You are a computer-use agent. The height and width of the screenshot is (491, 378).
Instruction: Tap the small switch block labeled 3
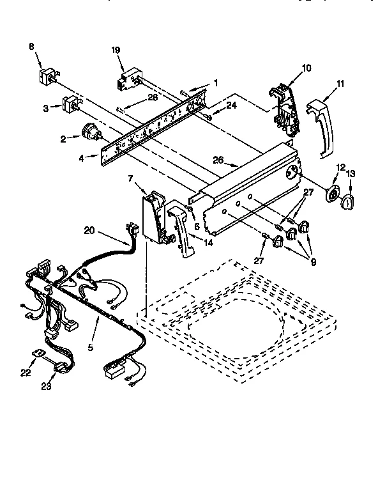(70, 104)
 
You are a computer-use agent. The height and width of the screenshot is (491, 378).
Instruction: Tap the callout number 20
(88, 231)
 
